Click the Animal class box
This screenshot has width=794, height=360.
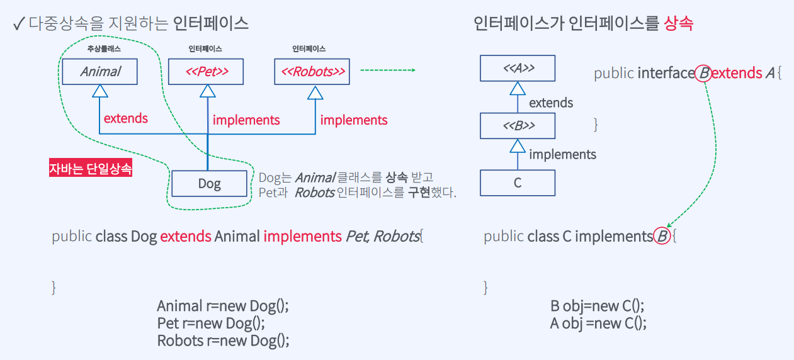tap(99, 71)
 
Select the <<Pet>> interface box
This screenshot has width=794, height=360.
tap(207, 71)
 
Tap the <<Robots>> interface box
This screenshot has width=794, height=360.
tap(313, 71)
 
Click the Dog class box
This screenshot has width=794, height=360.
tap(209, 183)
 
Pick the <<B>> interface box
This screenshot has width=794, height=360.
tap(518, 126)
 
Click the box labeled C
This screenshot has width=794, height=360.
tap(518, 183)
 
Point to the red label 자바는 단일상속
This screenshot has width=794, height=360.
tap(91, 169)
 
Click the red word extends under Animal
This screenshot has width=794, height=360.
tap(126, 118)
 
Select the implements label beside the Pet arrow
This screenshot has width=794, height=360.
tap(246, 120)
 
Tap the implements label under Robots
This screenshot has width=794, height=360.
tap(354, 120)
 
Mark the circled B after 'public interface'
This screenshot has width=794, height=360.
tap(704, 74)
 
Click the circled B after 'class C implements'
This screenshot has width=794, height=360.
tap(662, 237)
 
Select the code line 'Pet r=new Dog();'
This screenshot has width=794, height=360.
tap(211, 323)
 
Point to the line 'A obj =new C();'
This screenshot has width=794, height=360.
tap(598, 323)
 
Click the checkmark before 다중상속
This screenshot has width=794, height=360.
tap(18, 24)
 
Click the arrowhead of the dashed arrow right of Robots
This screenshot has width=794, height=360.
tap(413, 70)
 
